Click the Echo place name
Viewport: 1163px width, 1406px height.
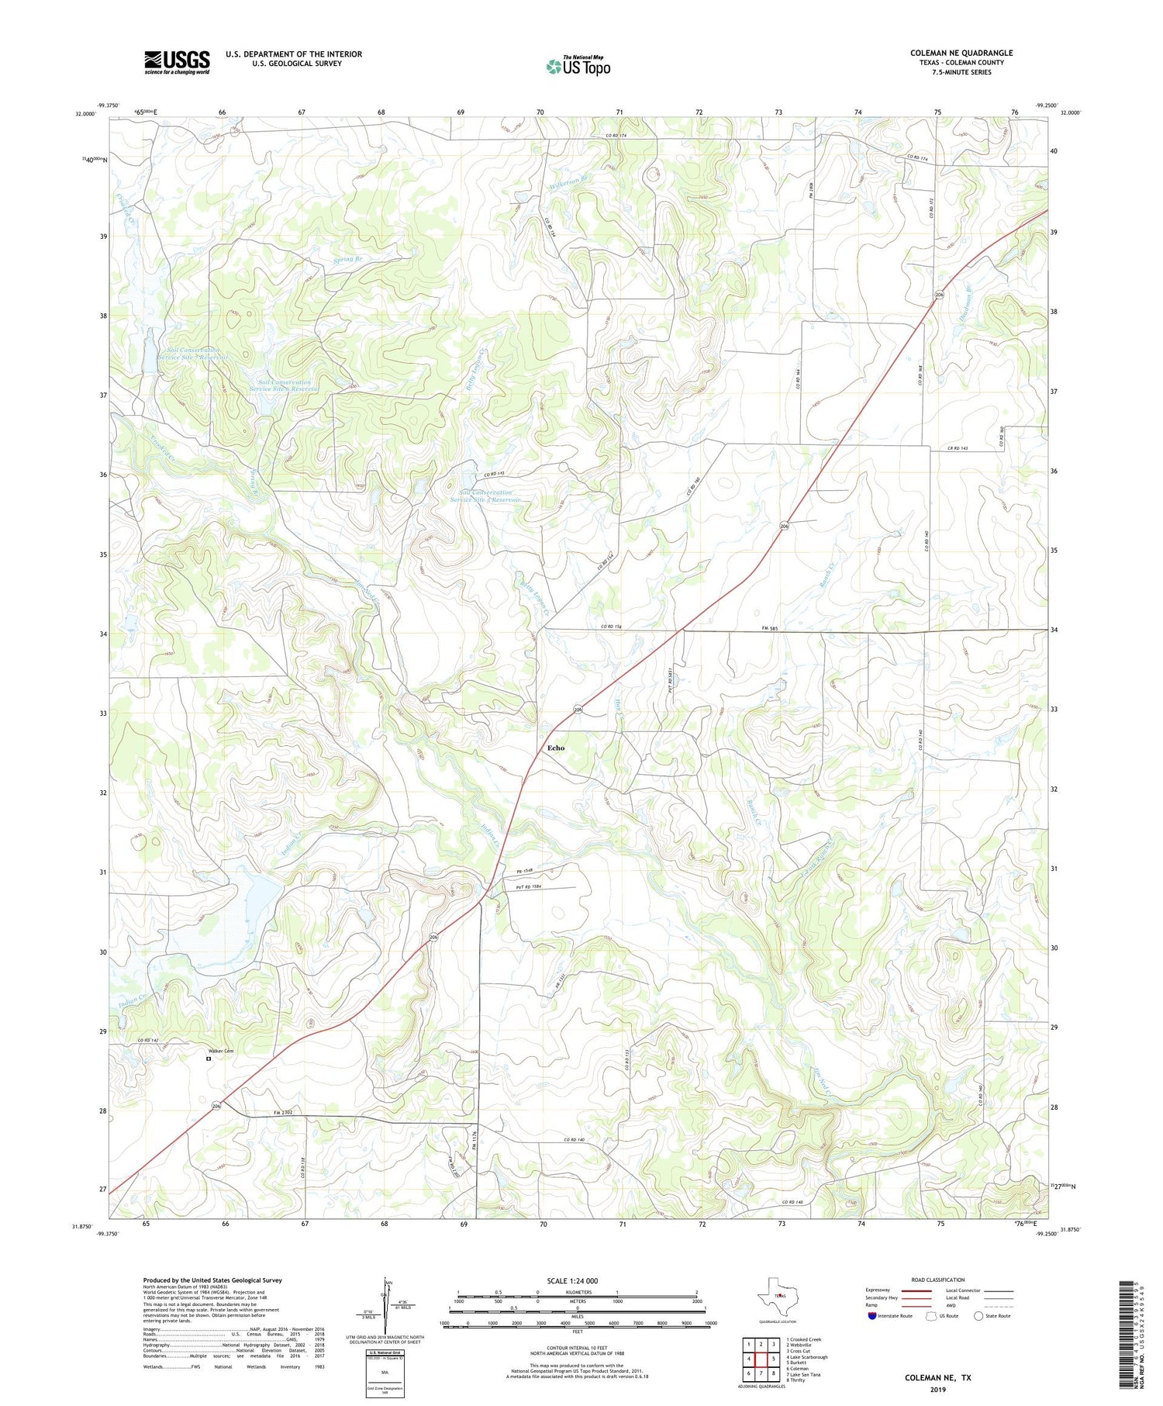pyautogui.click(x=556, y=748)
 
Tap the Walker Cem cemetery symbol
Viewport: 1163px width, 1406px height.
pyautogui.click(x=208, y=1058)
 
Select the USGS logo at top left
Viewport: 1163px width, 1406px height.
pyautogui.click(x=177, y=62)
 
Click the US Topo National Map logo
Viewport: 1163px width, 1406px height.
pyautogui.click(x=578, y=66)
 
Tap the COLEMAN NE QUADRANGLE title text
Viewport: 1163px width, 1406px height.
pyautogui.click(x=961, y=53)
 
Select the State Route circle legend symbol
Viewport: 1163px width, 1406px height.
pyautogui.click(x=978, y=1315)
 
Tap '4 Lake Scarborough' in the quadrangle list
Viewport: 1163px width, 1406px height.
pyautogui.click(x=807, y=1356)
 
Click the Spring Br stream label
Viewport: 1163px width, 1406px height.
pyautogui.click(x=347, y=259)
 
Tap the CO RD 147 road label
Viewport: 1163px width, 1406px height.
pyautogui.click(x=148, y=1040)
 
